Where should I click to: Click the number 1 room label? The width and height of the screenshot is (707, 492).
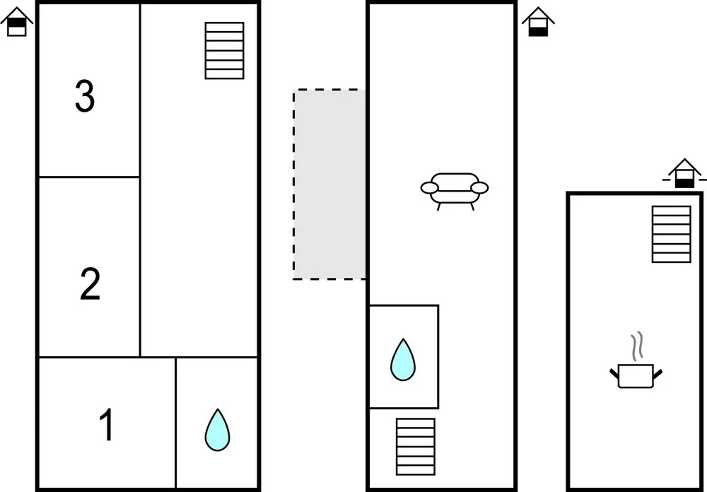coord(107,426)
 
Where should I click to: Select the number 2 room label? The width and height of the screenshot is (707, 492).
coord(90,285)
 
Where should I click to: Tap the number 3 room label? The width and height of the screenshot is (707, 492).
coord(85,97)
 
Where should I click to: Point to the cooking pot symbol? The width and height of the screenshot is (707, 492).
coord(636,375)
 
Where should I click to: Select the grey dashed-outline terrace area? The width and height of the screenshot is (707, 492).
coord(329,184)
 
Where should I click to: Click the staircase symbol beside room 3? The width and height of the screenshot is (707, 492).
coord(224,50)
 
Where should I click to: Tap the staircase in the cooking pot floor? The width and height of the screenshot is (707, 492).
coord(671,234)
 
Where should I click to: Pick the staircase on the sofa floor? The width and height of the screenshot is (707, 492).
coord(415,446)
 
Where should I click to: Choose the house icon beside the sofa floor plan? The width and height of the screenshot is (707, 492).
coord(538,23)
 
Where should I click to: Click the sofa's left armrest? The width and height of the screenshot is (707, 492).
coord(429,187)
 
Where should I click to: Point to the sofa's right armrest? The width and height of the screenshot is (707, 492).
coord(480,187)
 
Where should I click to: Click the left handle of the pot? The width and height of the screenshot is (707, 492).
coord(614,373)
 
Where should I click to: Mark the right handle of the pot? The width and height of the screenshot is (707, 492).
coord(658,372)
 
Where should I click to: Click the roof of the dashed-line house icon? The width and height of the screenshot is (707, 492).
coord(684,165)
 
